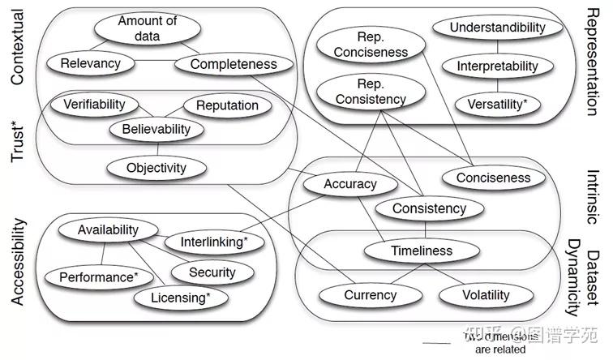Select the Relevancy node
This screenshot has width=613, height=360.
coord(90,63)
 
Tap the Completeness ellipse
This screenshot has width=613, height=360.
coord(234,64)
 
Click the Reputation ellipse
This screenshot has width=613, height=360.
coord(227,105)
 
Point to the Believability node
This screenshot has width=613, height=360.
coord(156,129)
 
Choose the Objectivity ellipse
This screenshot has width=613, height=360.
coord(156,169)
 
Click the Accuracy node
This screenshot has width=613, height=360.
coord(350,184)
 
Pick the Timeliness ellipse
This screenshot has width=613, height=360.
coord(421,251)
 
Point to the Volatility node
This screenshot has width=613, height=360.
coord(485,295)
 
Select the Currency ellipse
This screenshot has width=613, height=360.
coord(370,295)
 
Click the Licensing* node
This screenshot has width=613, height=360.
coord(180,298)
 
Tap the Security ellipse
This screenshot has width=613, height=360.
coord(212,272)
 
